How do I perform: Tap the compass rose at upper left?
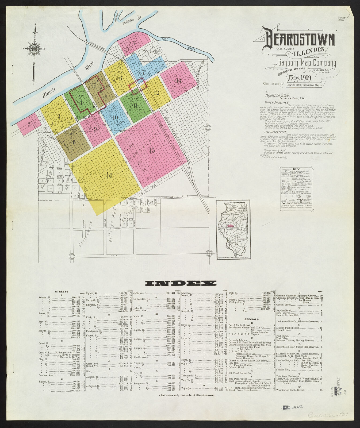[x=35, y=49]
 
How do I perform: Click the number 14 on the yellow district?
[x=109, y=176]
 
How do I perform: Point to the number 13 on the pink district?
[x=178, y=80]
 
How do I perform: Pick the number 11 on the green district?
[x=136, y=106]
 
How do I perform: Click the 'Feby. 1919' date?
[x=300, y=78]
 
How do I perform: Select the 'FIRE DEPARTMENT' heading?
[x=275, y=132]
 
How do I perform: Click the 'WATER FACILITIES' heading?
[x=276, y=102]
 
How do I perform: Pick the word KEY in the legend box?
[x=296, y=169]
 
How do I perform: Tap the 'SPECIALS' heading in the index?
[x=251, y=319]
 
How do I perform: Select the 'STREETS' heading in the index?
[x=62, y=291]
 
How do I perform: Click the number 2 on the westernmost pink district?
[x=29, y=124]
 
